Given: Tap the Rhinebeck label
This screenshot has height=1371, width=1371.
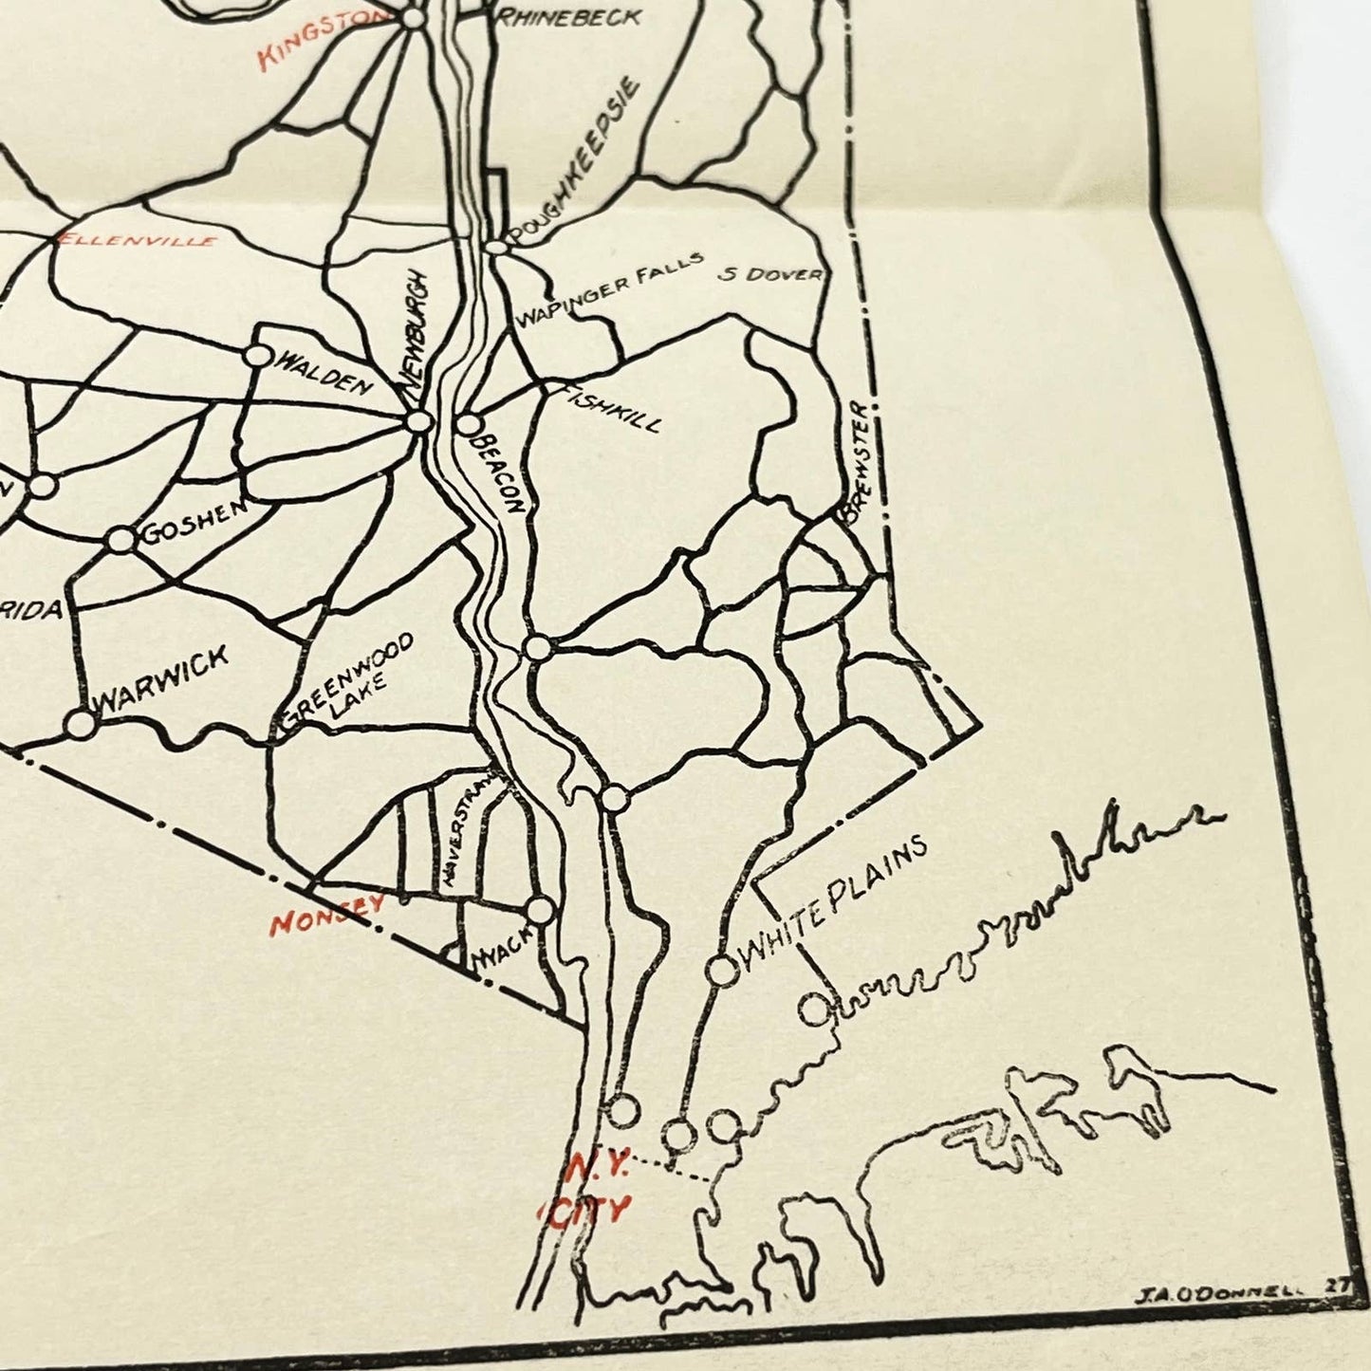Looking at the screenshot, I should (569, 16).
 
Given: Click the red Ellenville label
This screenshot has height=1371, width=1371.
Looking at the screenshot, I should (138, 241).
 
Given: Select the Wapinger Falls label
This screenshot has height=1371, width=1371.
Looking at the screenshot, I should (608, 288).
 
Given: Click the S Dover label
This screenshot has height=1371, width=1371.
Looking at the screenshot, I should (769, 274).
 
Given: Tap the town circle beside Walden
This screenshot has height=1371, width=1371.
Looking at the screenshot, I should (258, 356).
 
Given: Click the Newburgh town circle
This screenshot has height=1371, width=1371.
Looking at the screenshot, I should (418, 422).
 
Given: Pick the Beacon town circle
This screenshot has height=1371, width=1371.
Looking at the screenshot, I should (470, 425).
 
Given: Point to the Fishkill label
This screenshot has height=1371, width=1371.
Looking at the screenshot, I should (612, 408).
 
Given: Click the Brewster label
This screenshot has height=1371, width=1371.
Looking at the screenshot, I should (855, 462).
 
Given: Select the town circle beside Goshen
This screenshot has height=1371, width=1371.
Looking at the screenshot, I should (120, 540).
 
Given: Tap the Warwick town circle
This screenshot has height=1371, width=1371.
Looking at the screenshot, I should (82, 724).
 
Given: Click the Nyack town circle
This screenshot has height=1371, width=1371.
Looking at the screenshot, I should (540, 910).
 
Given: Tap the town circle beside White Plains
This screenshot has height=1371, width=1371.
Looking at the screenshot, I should (722, 971).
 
